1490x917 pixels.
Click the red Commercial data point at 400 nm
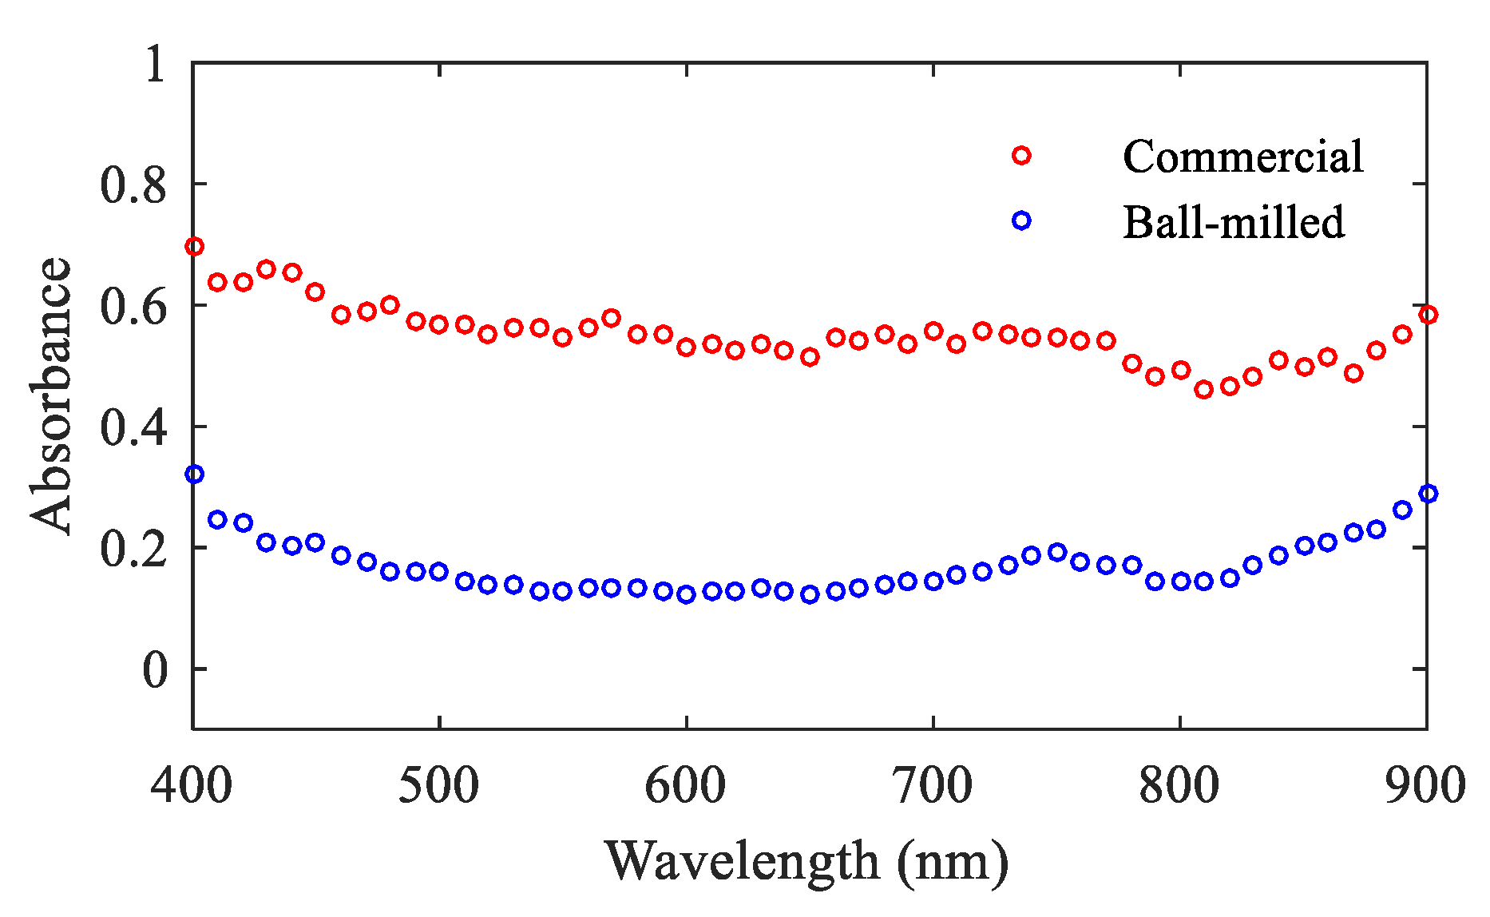[x=194, y=246]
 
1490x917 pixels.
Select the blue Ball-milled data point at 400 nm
[x=194, y=474]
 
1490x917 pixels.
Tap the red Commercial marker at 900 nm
[x=1428, y=315]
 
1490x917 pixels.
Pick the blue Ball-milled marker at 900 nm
[x=1428, y=494]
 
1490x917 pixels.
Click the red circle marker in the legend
[x=1021, y=156]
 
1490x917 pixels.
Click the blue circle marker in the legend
[x=1021, y=220]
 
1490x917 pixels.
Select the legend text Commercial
[x=1242, y=157]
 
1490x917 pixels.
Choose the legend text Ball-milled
[x=1234, y=222]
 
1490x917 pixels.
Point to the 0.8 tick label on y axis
[x=133, y=185]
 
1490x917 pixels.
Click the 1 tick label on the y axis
[x=155, y=63]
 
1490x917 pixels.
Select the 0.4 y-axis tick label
[x=133, y=427]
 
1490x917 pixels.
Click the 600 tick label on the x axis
[x=685, y=784]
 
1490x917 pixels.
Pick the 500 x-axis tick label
[x=438, y=784]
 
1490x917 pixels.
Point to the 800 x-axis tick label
[x=1179, y=784]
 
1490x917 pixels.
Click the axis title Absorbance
[x=51, y=395]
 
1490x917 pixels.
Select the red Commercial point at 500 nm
[x=438, y=324]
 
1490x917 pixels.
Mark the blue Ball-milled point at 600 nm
[x=686, y=594]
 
